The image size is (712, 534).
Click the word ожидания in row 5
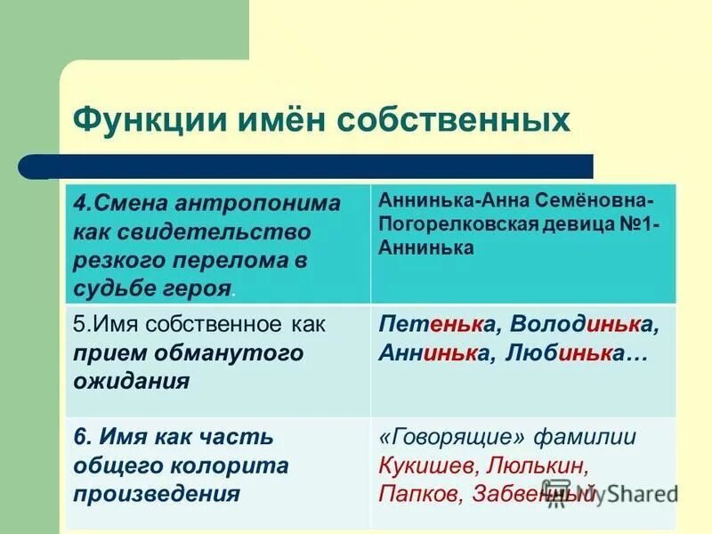point(131,382)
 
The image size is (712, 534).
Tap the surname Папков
point(420,494)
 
